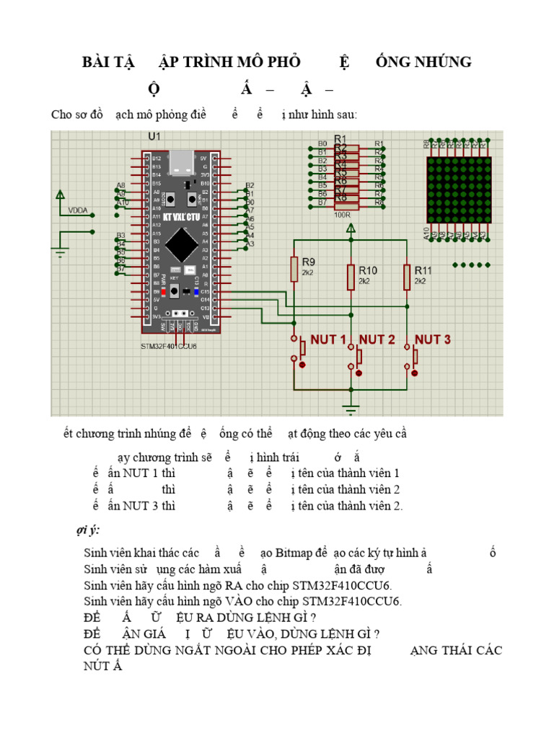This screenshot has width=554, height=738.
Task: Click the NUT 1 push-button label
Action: click(327, 339)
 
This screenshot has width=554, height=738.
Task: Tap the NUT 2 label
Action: click(377, 339)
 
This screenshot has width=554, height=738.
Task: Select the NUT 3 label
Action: click(433, 339)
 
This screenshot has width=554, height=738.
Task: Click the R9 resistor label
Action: click(308, 262)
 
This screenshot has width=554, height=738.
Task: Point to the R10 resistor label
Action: click(368, 270)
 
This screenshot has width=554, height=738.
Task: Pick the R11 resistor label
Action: click(423, 270)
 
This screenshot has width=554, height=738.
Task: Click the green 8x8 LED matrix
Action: click(458, 190)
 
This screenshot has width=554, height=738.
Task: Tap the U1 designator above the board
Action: click(154, 136)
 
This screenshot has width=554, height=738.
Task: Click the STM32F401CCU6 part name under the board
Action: click(169, 346)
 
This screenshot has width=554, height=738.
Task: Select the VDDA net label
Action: click(77, 210)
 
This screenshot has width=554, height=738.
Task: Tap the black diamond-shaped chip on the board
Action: click(183, 245)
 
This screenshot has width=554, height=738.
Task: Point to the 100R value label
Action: click(342, 214)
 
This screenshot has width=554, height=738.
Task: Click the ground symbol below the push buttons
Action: click(351, 409)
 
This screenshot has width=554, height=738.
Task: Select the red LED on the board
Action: click(164, 292)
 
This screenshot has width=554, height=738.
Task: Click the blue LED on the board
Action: click(195, 292)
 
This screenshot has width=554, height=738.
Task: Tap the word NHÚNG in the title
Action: click(442, 62)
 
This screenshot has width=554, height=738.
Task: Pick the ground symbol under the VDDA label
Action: click(60, 251)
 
